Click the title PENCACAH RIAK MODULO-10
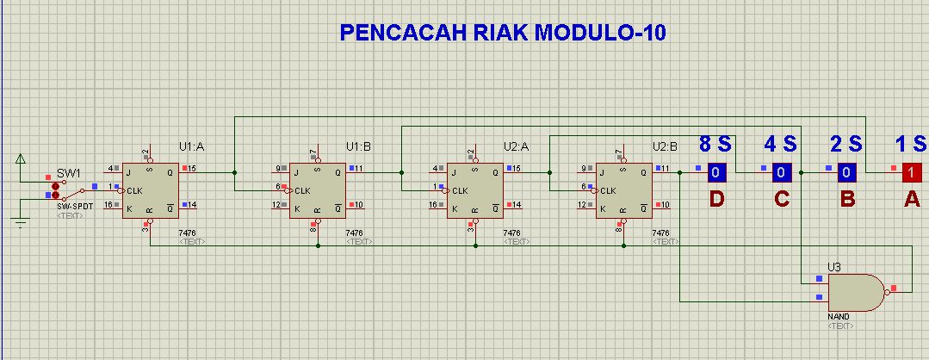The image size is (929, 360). tap(503, 34)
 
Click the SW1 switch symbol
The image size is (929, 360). tap(69, 189)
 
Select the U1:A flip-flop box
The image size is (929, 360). tap(148, 189)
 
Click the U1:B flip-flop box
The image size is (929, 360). tap(316, 189)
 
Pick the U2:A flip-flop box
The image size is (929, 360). tap(474, 189)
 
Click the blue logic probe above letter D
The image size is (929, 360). tap(717, 172)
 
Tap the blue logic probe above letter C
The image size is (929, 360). tap(780, 172)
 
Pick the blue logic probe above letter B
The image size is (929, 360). tap(846, 172)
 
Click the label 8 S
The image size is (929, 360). tap(715, 144)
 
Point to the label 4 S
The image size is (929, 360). tap(781, 144)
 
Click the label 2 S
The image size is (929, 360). tap(846, 144)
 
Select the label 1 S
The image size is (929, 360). tap(910, 144)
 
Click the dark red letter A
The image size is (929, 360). tap(911, 200)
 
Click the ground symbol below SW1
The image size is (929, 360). tap(20, 222)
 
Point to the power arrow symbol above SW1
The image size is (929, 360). tap(21, 158)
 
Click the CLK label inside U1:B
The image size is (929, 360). tap(303, 189)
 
